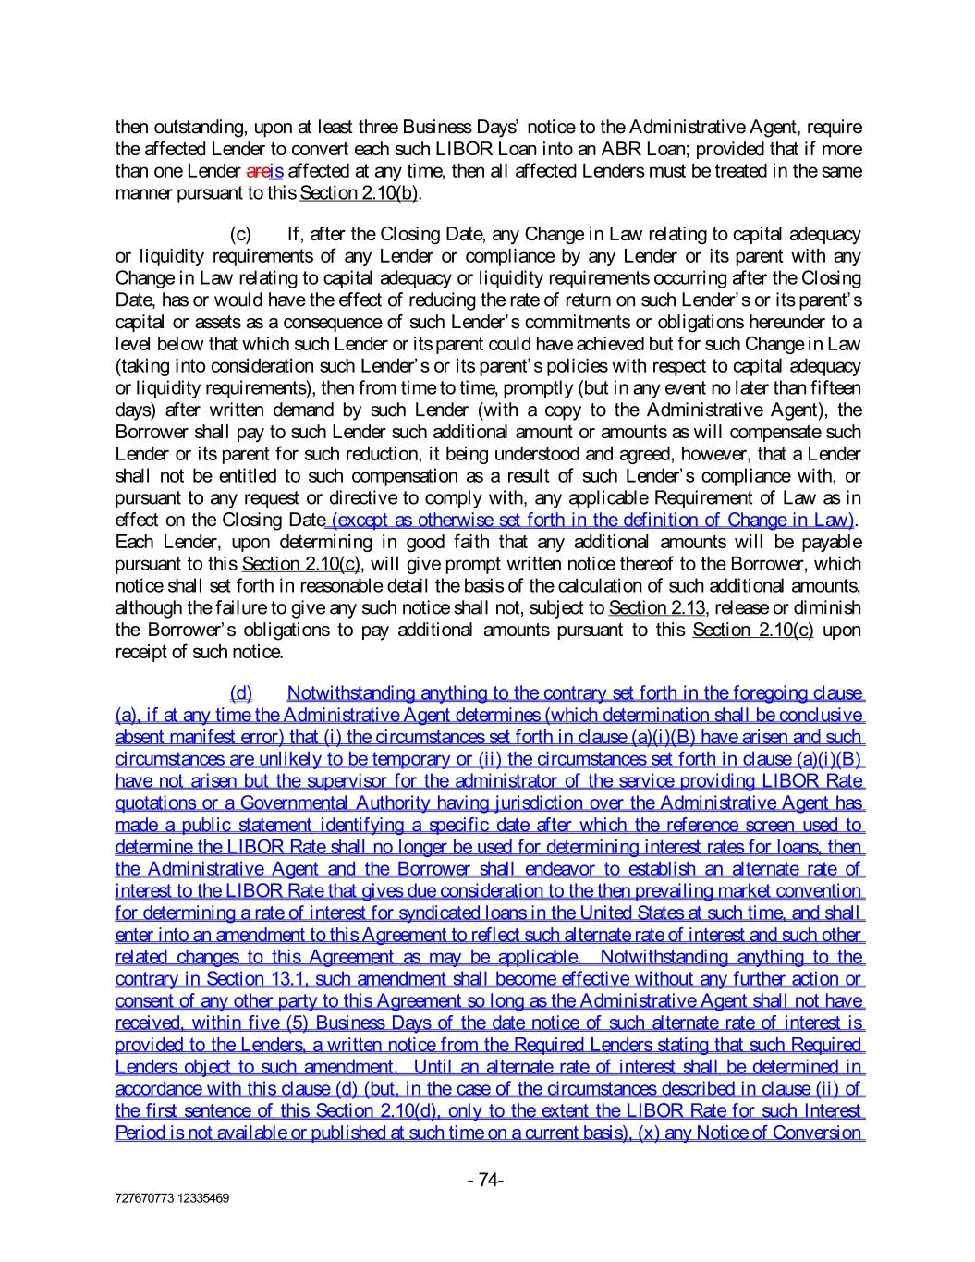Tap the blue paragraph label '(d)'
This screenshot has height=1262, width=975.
coord(240,692)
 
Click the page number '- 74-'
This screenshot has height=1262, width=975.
coord(486,1180)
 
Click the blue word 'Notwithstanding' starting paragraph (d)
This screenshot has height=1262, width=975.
coord(351,692)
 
